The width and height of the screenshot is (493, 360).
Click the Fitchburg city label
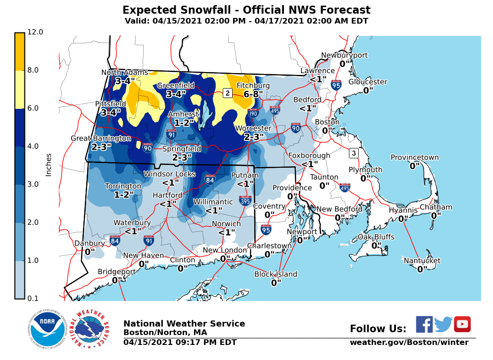253,85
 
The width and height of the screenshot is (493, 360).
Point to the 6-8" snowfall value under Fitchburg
253,94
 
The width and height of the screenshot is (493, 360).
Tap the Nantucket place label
422,261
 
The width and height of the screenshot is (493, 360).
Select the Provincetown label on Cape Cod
414,157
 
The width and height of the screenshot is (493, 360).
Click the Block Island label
276,274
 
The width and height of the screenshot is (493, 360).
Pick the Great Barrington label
101,138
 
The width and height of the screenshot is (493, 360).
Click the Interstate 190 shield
253,113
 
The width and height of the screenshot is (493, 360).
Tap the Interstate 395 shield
245,201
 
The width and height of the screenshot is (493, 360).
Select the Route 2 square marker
227,93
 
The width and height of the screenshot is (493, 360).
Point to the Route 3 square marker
354,153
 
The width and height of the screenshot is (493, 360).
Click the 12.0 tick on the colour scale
36,32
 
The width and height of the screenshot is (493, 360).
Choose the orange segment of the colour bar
19,52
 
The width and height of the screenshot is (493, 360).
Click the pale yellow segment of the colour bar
19,90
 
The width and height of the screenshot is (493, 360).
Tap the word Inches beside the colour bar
48,165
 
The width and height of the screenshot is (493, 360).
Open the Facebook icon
424,324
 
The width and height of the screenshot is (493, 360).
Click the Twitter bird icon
443,324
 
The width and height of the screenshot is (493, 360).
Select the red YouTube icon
462,324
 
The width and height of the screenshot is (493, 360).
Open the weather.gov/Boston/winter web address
409,343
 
